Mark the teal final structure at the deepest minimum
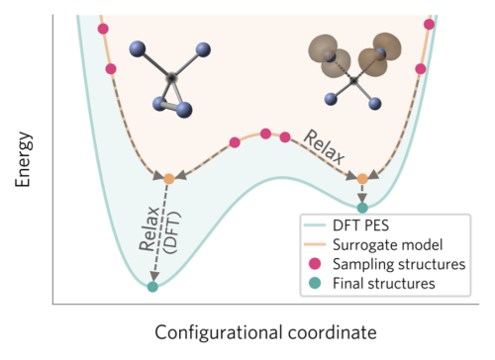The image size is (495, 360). point(152,287)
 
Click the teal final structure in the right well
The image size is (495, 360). point(362,208)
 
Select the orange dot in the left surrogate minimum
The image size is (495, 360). point(168,179)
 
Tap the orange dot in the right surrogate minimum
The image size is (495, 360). point(362,179)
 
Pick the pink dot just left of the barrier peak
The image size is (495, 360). point(235,142)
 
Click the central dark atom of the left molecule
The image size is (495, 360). point(172,76)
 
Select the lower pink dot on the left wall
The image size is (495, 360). point(111,68)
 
